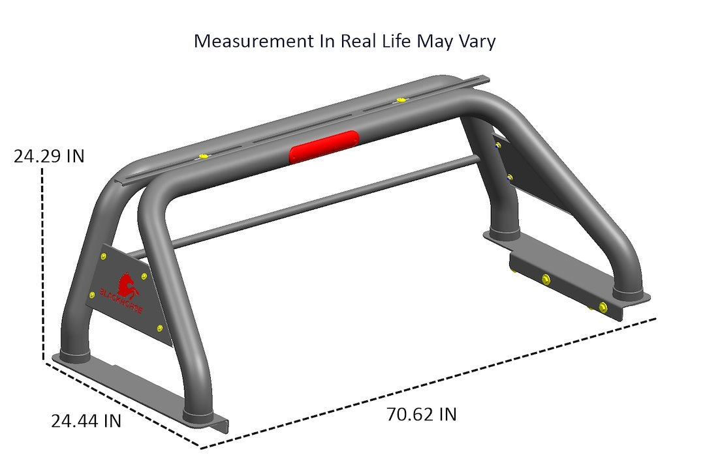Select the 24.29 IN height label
coord(48,157)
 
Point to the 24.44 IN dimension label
coord(86,421)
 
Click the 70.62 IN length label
coord(421,414)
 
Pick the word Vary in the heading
coord(476,41)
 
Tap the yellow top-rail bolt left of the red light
coord(204,156)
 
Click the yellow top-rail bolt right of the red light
coord(399,100)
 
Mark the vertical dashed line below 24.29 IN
coord(43,261)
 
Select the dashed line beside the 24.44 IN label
coord(124,404)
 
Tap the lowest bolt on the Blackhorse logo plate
coord(160,328)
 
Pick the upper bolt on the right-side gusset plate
coord(498,145)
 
